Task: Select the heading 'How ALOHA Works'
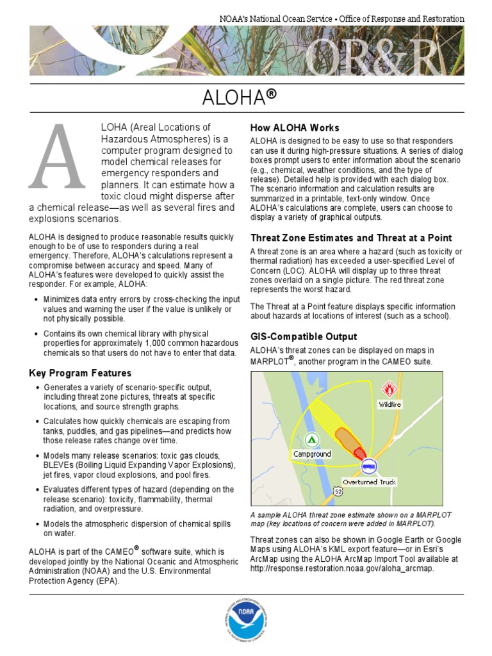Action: pyautogui.click(x=294, y=127)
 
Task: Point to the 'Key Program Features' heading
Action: pyautogui.click(x=80, y=373)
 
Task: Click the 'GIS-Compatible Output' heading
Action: pyautogui.click(x=304, y=336)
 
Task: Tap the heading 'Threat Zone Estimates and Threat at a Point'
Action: pyautogui.click(x=350, y=238)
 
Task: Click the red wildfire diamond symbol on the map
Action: pyautogui.click(x=388, y=389)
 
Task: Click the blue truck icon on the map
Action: pyautogui.click(x=368, y=466)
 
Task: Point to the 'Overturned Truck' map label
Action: pyautogui.click(x=369, y=482)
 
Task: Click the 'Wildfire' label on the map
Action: pyautogui.click(x=389, y=404)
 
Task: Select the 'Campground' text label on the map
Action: pyautogui.click(x=312, y=454)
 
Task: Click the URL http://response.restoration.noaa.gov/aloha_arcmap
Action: pyautogui.click(x=342, y=568)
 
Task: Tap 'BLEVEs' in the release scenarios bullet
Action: pyautogui.click(x=59, y=465)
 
